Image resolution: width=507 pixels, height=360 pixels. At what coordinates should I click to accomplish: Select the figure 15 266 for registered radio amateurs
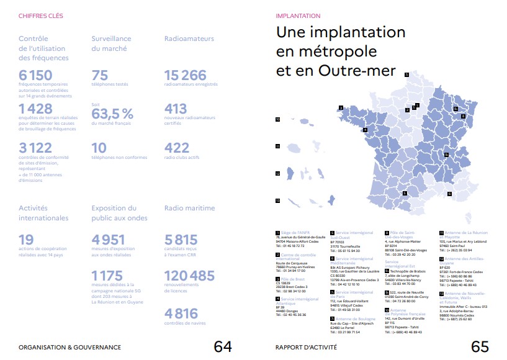pyautogui.click(x=186, y=76)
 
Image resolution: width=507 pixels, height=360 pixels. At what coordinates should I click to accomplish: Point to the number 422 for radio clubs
pyautogui.click(x=177, y=147)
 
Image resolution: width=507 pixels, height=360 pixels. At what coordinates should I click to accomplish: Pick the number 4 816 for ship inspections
pyautogui.click(x=181, y=313)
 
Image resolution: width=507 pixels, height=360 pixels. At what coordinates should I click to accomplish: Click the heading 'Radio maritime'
pyautogui.click(x=189, y=208)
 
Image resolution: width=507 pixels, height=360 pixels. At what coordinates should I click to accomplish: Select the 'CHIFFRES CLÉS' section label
pyautogui.click(x=40, y=16)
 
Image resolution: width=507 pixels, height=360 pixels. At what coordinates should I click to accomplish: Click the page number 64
pyautogui.click(x=223, y=346)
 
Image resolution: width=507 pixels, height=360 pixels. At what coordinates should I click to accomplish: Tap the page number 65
pyautogui.click(x=480, y=346)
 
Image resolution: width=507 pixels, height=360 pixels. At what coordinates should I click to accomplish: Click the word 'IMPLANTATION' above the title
pyautogui.click(x=298, y=16)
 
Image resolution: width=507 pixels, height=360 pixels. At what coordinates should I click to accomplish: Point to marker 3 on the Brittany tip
pyautogui.click(x=341, y=108)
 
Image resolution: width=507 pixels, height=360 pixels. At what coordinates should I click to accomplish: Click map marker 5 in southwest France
pyautogui.click(x=405, y=193)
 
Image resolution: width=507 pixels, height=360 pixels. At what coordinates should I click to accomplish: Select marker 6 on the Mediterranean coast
pyautogui.click(x=449, y=193)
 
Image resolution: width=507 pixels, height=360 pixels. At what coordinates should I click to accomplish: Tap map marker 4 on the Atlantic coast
pyautogui.click(x=365, y=130)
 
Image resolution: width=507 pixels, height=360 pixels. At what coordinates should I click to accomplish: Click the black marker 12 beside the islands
pyautogui.click(x=278, y=174)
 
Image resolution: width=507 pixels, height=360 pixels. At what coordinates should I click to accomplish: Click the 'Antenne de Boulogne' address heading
pyautogui.click(x=352, y=319)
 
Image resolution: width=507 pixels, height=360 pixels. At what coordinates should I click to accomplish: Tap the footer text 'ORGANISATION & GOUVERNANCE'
pyautogui.click(x=70, y=347)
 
